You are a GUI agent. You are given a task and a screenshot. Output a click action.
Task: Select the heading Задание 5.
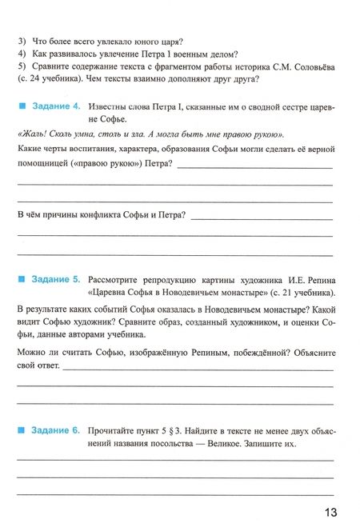tap(55, 280)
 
